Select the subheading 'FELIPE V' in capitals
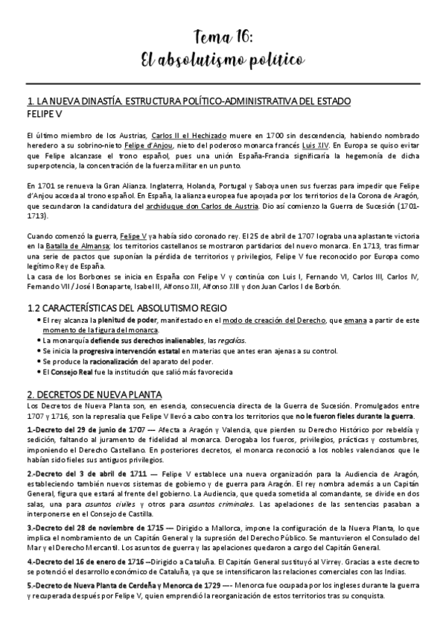click(x=43, y=116)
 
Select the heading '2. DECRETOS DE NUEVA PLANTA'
click(x=99, y=394)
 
